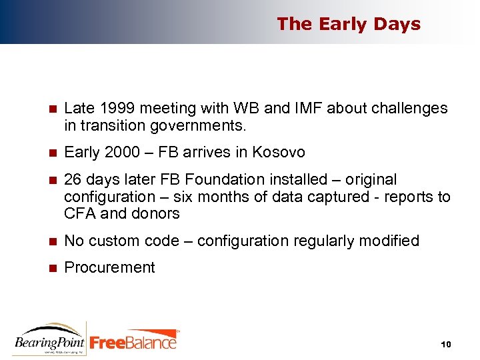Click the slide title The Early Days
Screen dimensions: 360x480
click(349, 24)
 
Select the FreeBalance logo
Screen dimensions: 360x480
click(134, 341)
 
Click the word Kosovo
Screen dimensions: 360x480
click(279, 153)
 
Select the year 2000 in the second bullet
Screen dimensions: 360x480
click(123, 153)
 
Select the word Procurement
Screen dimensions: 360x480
click(109, 268)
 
